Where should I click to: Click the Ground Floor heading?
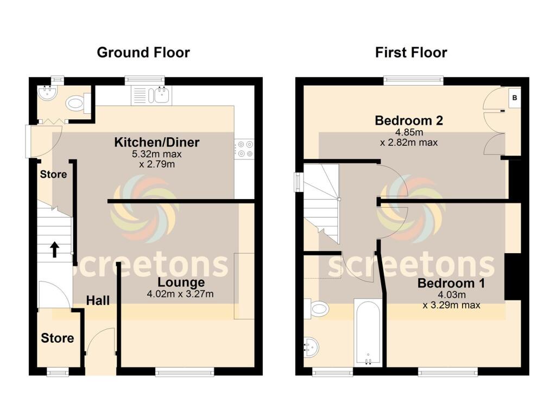click(x=143, y=53)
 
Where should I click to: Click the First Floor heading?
click(x=411, y=53)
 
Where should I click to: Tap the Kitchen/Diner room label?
click(x=156, y=143)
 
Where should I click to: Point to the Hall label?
click(x=98, y=300)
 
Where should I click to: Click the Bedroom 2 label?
click(x=409, y=120)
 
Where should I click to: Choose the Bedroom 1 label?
click(x=451, y=283)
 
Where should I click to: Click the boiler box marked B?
click(x=514, y=98)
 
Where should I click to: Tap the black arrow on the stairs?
click(x=55, y=249)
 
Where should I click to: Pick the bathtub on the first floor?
click(x=368, y=331)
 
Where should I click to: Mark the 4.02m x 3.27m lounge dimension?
click(x=180, y=294)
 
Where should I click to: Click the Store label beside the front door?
click(x=58, y=338)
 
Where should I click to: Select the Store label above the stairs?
click(x=53, y=175)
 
